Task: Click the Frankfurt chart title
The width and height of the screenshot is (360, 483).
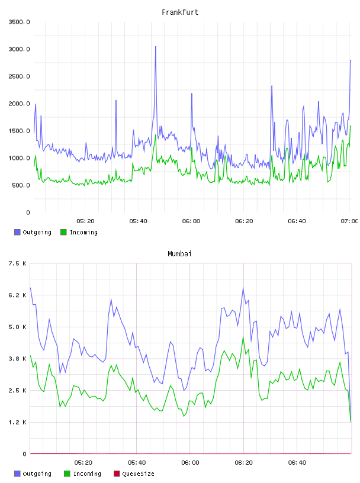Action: click(x=180, y=12)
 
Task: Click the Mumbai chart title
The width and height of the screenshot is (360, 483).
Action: click(x=179, y=254)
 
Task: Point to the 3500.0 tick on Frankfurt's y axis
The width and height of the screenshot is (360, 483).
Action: click(x=19, y=22)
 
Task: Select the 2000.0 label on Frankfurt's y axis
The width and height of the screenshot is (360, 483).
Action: click(x=19, y=104)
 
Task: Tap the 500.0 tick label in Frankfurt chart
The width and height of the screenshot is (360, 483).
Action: click(x=21, y=185)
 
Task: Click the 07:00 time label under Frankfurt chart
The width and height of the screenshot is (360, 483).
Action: click(x=349, y=221)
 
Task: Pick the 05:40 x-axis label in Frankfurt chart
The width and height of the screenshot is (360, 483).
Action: click(x=138, y=221)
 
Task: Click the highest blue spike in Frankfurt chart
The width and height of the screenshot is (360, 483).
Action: click(x=156, y=47)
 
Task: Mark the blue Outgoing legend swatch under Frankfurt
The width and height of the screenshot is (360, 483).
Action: click(x=17, y=232)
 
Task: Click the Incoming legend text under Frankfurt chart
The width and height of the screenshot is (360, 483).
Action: click(x=83, y=232)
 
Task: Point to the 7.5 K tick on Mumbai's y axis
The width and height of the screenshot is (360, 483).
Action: click(x=17, y=263)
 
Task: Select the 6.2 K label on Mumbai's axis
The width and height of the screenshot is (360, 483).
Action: click(x=17, y=295)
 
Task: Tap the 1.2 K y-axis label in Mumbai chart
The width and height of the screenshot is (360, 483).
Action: click(x=17, y=422)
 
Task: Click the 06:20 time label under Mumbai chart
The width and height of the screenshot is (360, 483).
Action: click(x=243, y=462)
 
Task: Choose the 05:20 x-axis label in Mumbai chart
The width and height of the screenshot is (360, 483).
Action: click(x=83, y=462)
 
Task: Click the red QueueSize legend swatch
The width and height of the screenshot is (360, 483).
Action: click(x=117, y=474)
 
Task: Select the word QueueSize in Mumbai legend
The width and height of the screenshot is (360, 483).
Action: click(x=139, y=474)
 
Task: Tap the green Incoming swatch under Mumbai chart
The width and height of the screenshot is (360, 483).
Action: click(x=67, y=474)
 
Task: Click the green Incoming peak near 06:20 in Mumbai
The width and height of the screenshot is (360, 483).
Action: click(x=243, y=337)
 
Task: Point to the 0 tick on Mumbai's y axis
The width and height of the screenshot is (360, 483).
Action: click(x=24, y=454)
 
